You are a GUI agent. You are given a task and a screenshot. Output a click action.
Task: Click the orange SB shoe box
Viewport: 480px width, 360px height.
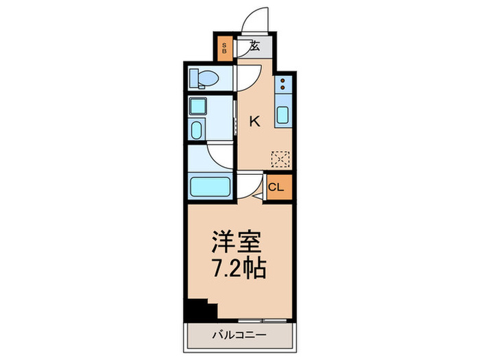point(223,48)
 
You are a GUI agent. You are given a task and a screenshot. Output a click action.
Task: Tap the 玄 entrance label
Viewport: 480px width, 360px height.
point(254,47)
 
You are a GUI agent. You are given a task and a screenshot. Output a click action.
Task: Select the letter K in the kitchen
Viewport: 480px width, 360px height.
point(254,122)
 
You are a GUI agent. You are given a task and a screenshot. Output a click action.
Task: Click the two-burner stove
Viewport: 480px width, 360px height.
point(283,87)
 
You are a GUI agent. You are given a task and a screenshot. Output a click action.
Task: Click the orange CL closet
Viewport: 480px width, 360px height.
point(276,187)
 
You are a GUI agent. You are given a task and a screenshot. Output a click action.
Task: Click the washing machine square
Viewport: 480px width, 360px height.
point(198,106)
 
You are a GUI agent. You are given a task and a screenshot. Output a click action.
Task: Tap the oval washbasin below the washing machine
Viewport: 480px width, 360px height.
point(197,130)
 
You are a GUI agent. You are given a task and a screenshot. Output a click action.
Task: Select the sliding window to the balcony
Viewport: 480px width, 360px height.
point(261,320)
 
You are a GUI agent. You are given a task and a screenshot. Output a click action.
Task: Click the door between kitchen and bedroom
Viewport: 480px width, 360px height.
point(252,187)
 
